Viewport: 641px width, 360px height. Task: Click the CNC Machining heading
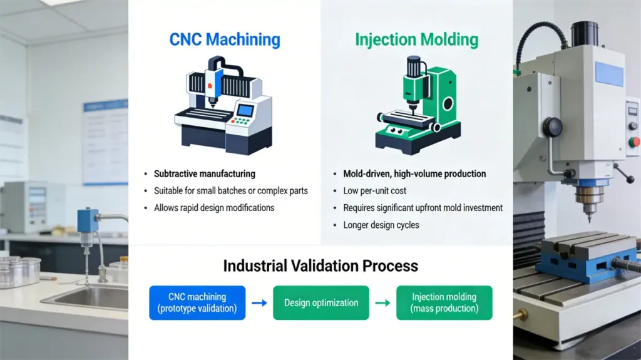[225, 40]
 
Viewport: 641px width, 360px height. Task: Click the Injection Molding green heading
[416, 40]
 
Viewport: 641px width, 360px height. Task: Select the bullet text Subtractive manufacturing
[204, 173]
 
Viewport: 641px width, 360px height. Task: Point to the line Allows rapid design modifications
[214, 207]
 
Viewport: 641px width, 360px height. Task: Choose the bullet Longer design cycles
[381, 225]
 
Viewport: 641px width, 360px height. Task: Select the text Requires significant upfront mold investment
[423, 207]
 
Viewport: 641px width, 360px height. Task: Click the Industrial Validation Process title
[320, 265]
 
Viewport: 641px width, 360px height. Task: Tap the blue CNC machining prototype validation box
[197, 302]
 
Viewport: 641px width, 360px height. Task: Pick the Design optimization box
[321, 302]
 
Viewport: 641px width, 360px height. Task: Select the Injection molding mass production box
[444, 302]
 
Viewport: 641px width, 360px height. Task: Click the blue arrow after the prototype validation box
[259, 303]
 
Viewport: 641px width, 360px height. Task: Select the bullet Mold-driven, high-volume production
[414, 173]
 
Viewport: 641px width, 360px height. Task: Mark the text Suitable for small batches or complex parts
[230, 190]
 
